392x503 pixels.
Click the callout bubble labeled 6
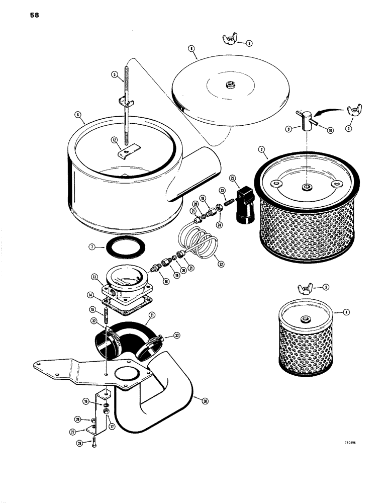click(78, 115)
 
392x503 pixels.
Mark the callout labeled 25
click(232, 178)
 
